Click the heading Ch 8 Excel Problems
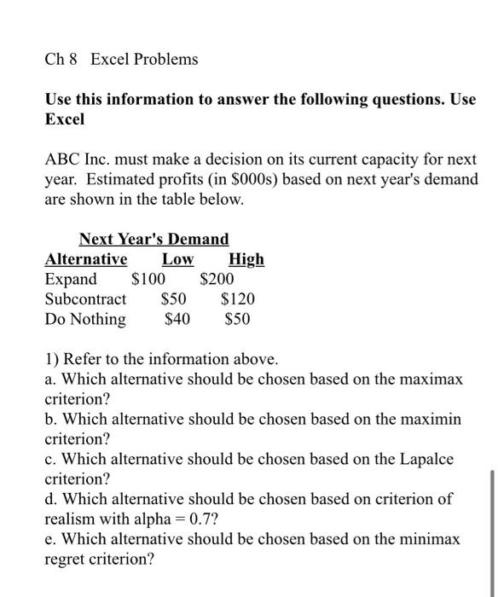tap(121, 59)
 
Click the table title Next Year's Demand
tap(153, 239)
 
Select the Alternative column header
tap(85, 259)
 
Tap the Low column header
tap(177, 259)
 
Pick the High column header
tap(246, 259)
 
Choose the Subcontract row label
tap(85, 299)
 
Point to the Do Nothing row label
tap(84, 320)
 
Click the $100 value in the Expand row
tap(148, 279)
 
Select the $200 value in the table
tap(217, 279)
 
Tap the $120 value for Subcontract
tap(238, 299)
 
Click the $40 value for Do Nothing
tap(177, 320)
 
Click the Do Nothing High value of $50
tap(237, 320)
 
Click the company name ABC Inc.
tap(79, 160)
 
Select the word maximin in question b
tap(431, 420)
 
